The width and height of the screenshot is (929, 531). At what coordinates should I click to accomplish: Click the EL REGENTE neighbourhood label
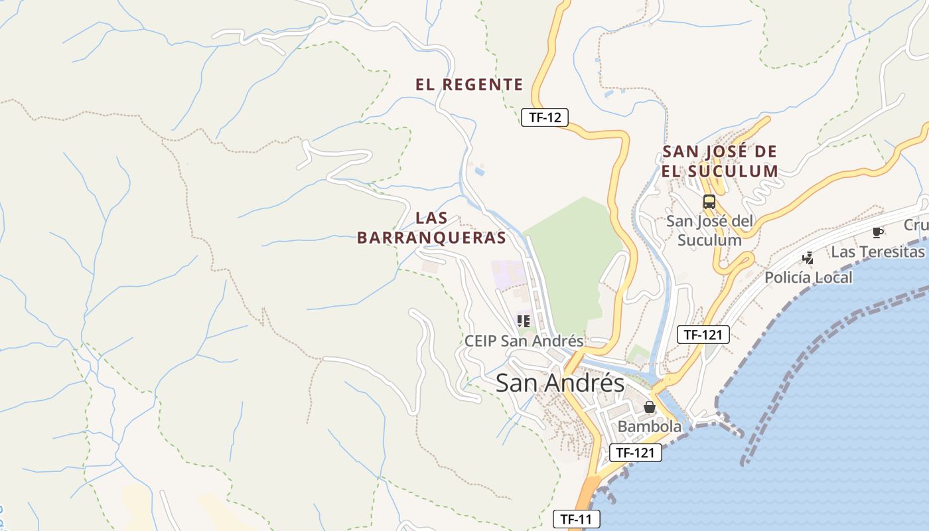pos(469,85)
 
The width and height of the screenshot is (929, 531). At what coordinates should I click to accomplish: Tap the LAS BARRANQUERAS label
pos(431,228)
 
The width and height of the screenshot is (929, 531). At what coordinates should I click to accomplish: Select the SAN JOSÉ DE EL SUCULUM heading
pos(719,161)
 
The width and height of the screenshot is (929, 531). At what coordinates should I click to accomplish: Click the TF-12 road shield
pos(544,118)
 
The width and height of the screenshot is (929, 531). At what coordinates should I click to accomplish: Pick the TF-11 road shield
pos(576,519)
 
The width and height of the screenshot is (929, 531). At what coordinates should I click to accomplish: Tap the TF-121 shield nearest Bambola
pos(635,453)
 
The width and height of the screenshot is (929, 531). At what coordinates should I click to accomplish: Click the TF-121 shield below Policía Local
pos(703,335)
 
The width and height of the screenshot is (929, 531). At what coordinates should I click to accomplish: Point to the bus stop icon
pos(709,202)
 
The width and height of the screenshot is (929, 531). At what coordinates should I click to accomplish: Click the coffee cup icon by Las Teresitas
pos(878,232)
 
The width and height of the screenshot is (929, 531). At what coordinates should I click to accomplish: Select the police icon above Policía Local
pos(808,258)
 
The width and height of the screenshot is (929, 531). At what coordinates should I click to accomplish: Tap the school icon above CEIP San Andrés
pos(524,321)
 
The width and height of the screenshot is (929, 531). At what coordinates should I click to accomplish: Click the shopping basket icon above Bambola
pos(650,407)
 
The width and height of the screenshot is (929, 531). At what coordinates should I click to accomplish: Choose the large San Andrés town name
pos(560,383)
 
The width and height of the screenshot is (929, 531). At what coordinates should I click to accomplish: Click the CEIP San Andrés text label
pos(524,341)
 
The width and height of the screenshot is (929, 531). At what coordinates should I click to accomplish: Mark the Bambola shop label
pos(649,427)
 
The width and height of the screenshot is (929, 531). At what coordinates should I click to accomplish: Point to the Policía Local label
pos(808,277)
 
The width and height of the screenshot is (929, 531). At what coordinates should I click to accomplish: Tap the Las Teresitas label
pos(877,252)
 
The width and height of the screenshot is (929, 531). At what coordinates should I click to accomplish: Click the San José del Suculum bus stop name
pos(709,230)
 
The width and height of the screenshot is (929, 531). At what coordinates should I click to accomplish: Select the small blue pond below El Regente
pos(479,172)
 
